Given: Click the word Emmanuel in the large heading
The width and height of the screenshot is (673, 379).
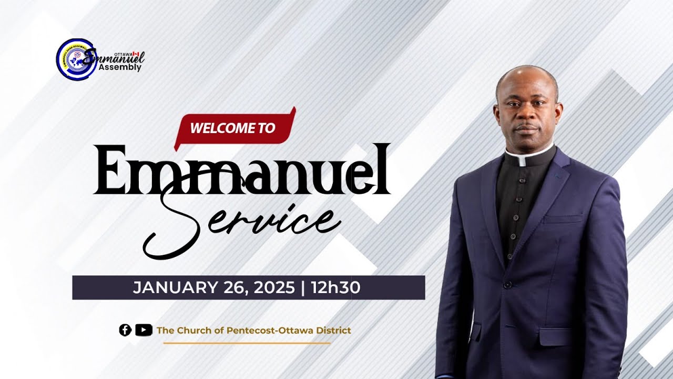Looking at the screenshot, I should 242,169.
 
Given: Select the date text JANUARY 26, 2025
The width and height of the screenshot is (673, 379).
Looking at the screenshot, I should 213,288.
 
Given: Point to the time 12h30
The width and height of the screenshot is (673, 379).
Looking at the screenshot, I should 335,288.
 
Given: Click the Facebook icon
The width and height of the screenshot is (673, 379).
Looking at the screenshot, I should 125,330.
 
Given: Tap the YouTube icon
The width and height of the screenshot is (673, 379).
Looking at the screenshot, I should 143,330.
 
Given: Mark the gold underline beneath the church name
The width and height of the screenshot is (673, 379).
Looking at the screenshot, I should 247,343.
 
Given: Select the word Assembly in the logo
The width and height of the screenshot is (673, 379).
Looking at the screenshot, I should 124,67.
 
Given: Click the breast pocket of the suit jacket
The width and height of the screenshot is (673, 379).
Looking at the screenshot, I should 563,218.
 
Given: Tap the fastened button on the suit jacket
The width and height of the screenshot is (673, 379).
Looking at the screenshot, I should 507,285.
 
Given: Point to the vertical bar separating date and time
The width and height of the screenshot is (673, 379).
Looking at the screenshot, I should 303,288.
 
